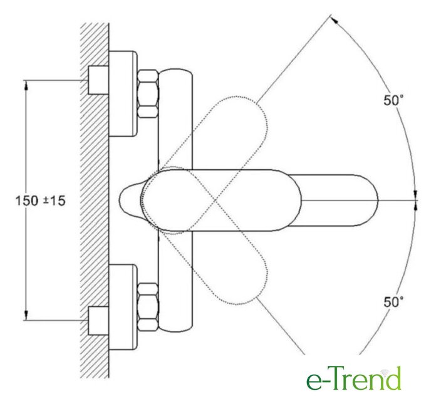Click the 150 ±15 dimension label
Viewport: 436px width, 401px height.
point(40,200)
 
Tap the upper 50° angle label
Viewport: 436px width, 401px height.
point(393,100)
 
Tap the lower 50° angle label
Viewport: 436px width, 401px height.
point(393,302)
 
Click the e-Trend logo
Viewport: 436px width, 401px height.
point(354,378)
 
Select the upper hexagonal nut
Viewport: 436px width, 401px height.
point(148,94)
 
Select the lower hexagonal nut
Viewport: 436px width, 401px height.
point(148,307)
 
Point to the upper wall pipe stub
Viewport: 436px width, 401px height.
point(98,80)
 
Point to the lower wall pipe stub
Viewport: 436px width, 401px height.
point(98,321)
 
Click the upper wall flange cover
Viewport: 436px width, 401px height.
point(123,94)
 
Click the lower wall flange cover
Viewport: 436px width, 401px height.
point(123,307)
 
